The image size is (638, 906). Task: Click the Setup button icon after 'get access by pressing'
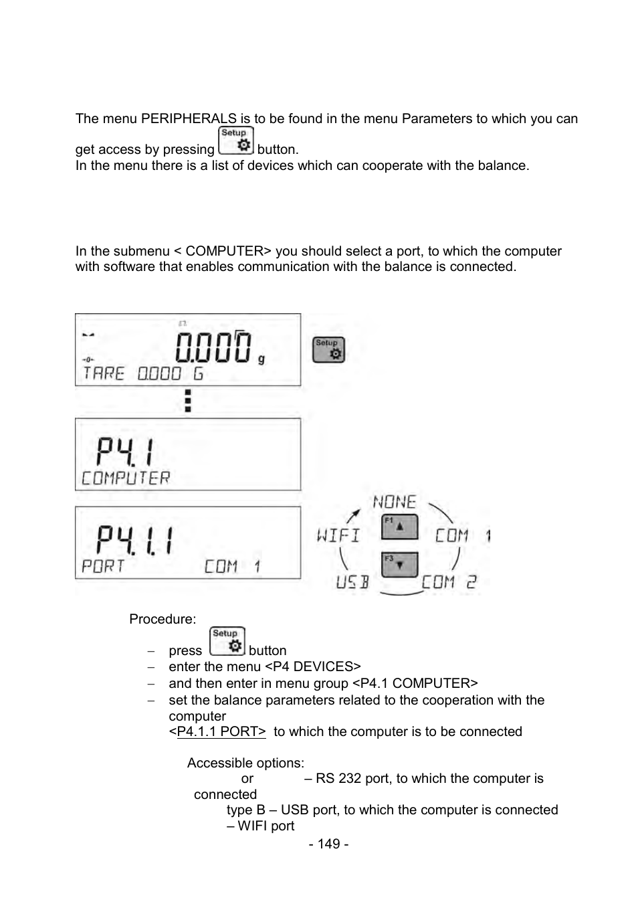click(x=236, y=141)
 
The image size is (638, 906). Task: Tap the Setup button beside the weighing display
click(x=328, y=350)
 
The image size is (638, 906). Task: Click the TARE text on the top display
click(x=104, y=373)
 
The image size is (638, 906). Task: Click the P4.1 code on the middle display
click(x=125, y=451)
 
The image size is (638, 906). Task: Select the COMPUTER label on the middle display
click(x=126, y=478)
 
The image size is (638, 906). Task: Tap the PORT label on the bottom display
click(x=103, y=567)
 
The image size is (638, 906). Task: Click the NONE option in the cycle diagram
click(x=395, y=502)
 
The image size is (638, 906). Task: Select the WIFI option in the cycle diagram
click(x=338, y=535)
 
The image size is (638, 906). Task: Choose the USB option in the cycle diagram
click(x=352, y=582)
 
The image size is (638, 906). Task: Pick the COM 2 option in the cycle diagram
click(x=449, y=582)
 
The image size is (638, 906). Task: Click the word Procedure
click(x=163, y=619)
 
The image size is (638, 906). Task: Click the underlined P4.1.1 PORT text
click(x=221, y=731)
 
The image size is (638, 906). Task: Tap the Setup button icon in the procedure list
click(x=227, y=641)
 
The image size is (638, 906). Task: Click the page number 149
click(x=328, y=844)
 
